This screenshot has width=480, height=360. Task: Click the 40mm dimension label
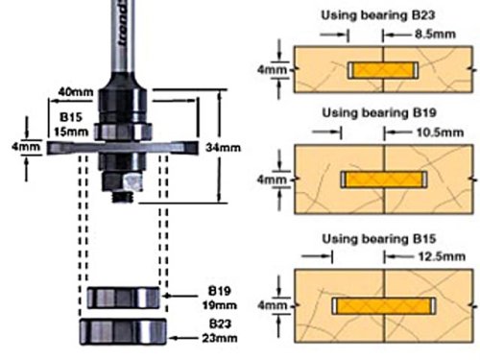(76, 92)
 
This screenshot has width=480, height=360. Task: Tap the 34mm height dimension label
(223, 148)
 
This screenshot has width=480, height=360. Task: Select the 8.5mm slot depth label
(435, 34)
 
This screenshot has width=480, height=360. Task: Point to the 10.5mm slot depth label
(440, 132)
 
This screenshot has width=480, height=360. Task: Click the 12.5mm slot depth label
(442, 256)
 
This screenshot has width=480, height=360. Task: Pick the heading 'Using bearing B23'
(378, 15)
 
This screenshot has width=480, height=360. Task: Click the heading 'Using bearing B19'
(379, 112)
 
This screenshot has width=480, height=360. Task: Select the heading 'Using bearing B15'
(379, 239)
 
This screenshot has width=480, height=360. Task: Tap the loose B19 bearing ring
(123, 298)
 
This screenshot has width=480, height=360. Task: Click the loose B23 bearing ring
(123, 331)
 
